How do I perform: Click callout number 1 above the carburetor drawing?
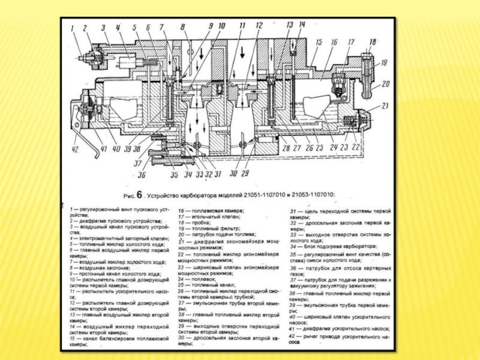tap(72, 26)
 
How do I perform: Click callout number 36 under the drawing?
tap(142, 175)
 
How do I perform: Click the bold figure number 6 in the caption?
tap(140, 194)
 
